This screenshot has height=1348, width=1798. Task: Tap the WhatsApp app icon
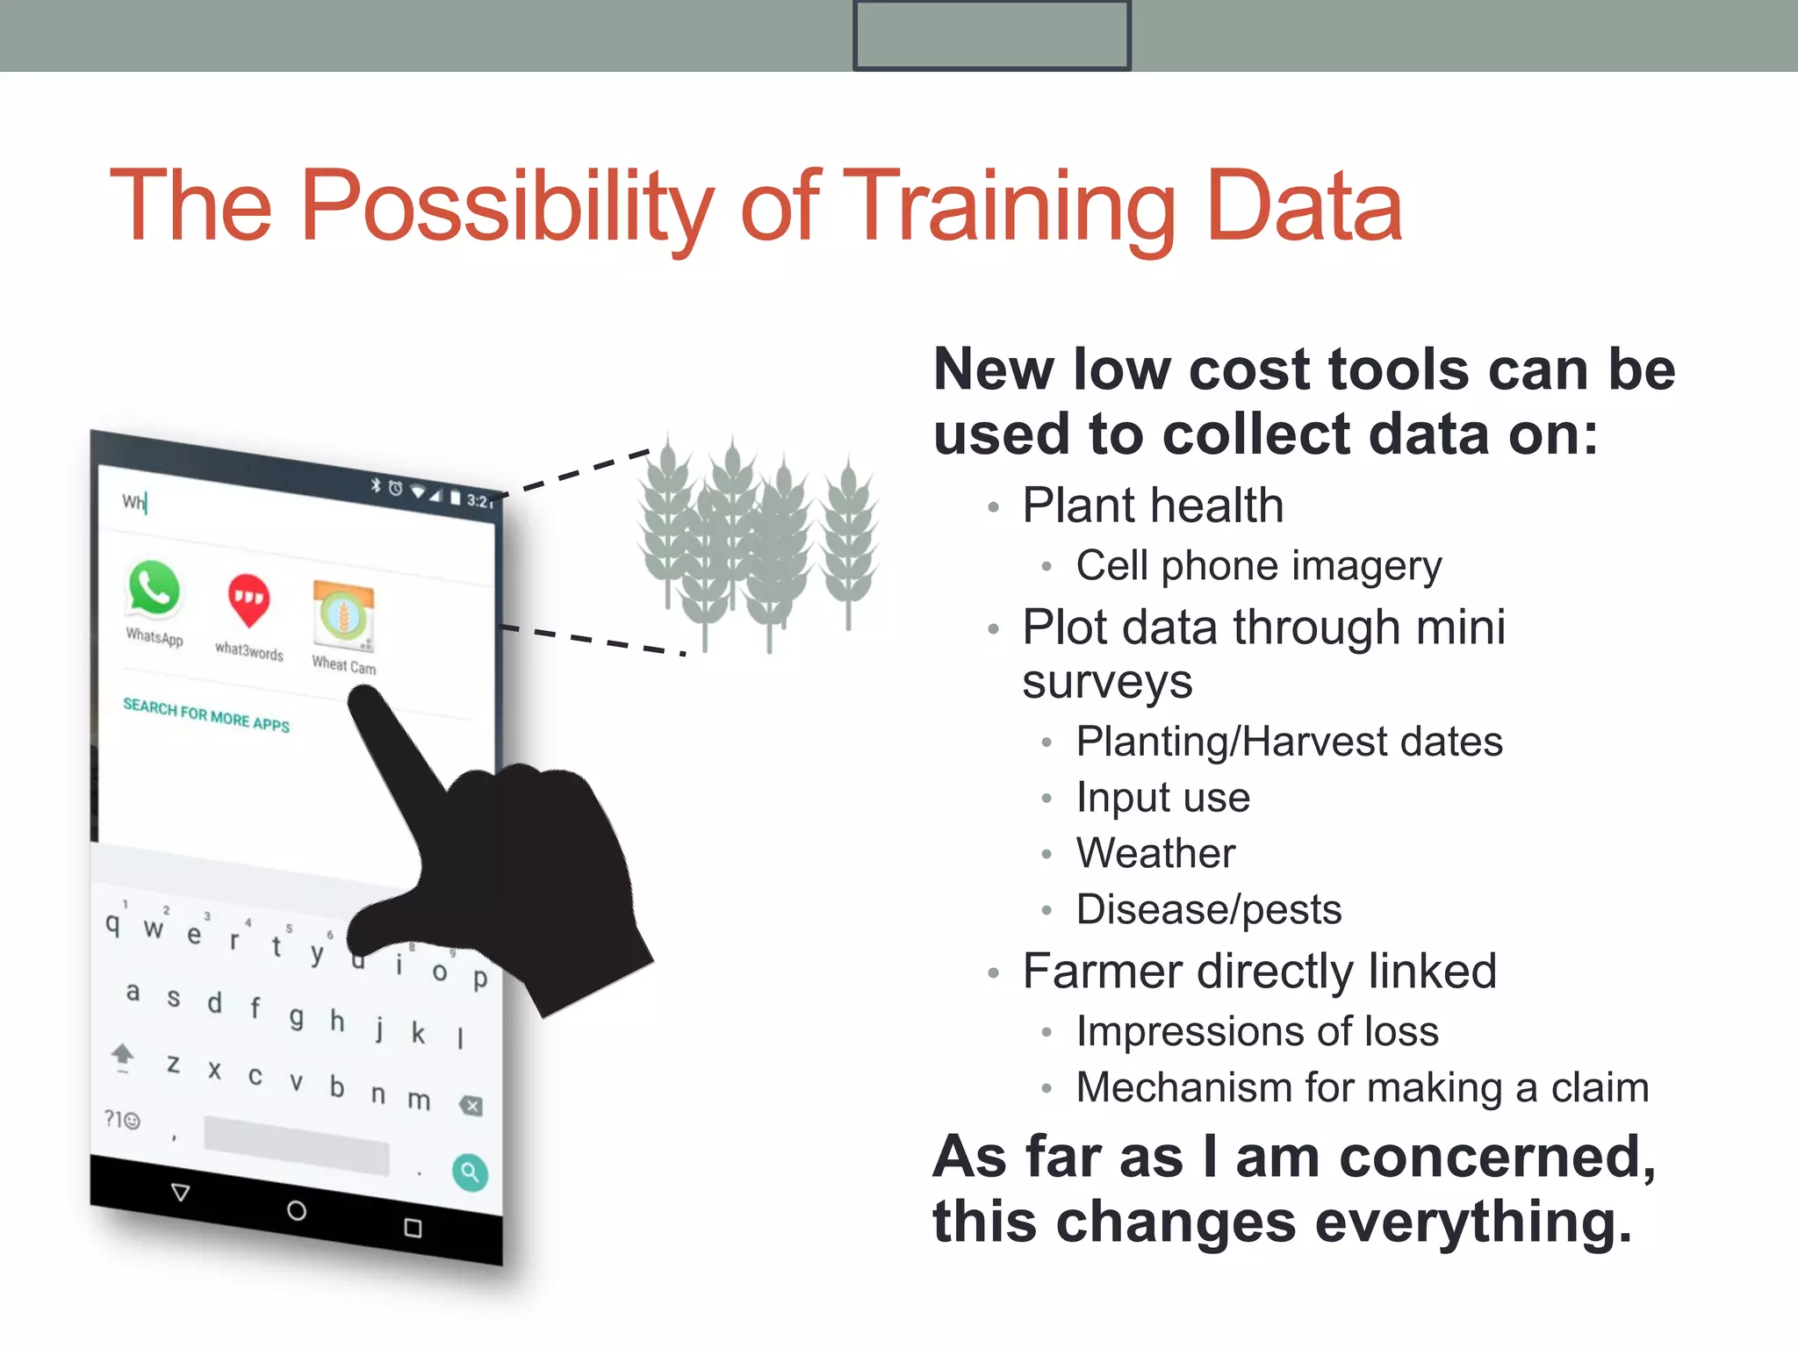(155, 589)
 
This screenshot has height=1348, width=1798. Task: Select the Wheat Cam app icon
(343, 615)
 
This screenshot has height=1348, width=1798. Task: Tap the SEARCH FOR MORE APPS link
(206, 715)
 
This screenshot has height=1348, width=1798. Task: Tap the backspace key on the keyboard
(471, 1106)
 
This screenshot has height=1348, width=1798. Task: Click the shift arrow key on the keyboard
(123, 1055)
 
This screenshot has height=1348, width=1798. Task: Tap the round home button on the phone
(297, 1211)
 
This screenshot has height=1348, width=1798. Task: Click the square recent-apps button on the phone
(413, 1228)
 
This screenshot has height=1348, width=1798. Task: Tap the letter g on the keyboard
(297, 1016)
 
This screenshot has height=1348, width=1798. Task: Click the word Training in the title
(1008, 207)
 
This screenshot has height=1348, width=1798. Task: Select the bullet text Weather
(1155, 853)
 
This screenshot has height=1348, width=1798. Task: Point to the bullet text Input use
(1162, 798)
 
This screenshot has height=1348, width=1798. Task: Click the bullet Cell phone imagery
(1258, 566)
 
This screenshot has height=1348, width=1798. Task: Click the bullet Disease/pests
(1208, 909)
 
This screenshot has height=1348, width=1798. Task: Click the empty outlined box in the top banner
(991, 35)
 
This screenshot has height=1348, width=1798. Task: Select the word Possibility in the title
(507, 207)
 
